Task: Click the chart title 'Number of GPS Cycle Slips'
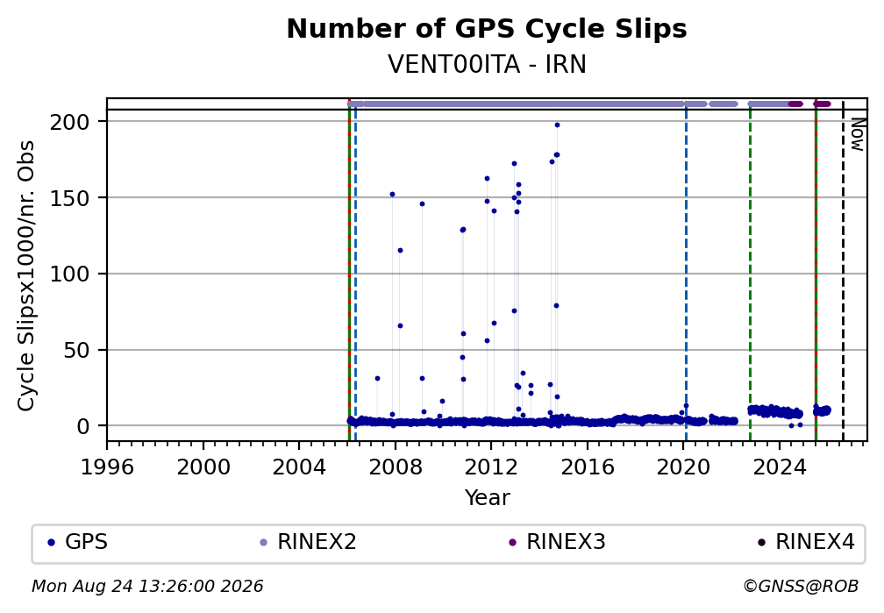487,29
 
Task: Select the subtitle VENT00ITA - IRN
487,64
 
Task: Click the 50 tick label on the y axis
83,350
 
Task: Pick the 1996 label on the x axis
107,467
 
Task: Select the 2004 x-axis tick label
299,467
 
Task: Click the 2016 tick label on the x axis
588,467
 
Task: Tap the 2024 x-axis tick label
779,467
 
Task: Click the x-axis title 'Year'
487,497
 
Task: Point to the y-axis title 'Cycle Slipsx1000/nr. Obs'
26,275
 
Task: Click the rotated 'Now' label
856,135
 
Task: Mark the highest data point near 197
557,125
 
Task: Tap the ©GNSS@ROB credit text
801,587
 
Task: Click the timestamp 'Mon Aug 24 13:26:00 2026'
147,587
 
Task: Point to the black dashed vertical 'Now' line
843,269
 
